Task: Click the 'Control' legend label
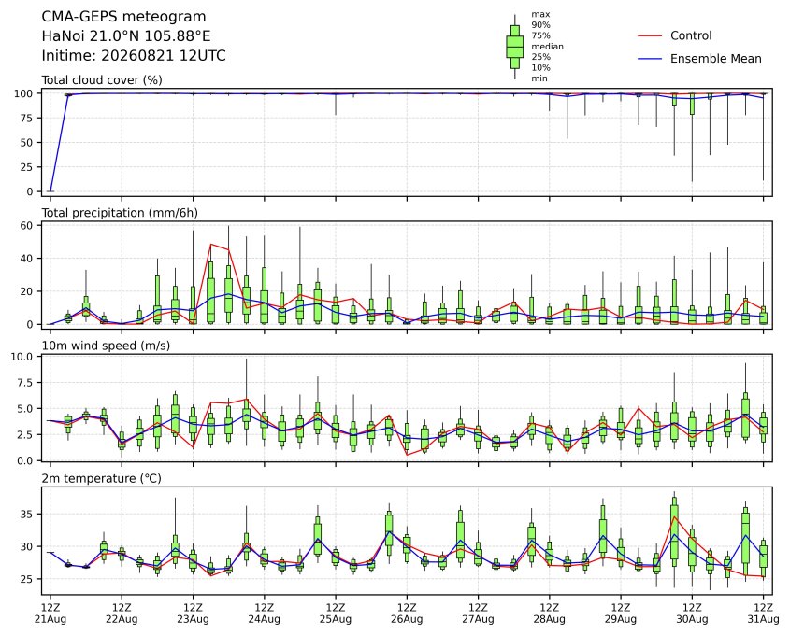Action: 691,35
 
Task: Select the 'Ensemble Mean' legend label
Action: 715,59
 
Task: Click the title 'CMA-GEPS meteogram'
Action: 124,17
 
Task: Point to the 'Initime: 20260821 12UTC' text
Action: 134,55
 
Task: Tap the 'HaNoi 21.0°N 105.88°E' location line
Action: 126,36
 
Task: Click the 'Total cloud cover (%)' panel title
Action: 102,80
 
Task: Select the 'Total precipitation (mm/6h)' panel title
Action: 120,213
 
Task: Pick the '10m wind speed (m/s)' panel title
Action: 106,346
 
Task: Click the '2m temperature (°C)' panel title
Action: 101,478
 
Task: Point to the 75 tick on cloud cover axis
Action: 27,119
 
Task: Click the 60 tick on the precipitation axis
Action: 27,225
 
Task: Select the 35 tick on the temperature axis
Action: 27,515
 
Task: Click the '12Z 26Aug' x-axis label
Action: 407,614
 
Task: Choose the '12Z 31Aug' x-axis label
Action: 763,614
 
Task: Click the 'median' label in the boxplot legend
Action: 547,47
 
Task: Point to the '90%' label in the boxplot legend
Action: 540,25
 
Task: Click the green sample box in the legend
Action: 514,47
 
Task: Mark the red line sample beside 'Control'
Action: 650,36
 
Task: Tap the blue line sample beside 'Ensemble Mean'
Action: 650,59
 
